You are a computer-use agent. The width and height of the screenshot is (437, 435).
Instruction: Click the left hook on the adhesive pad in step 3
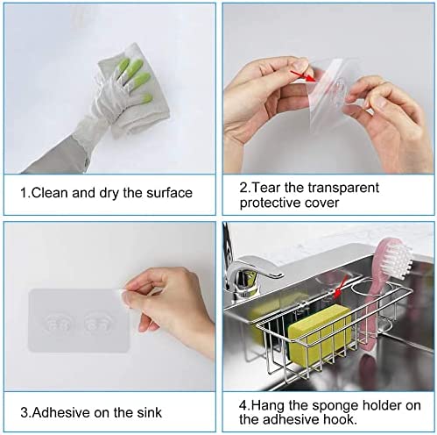point(62,323)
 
